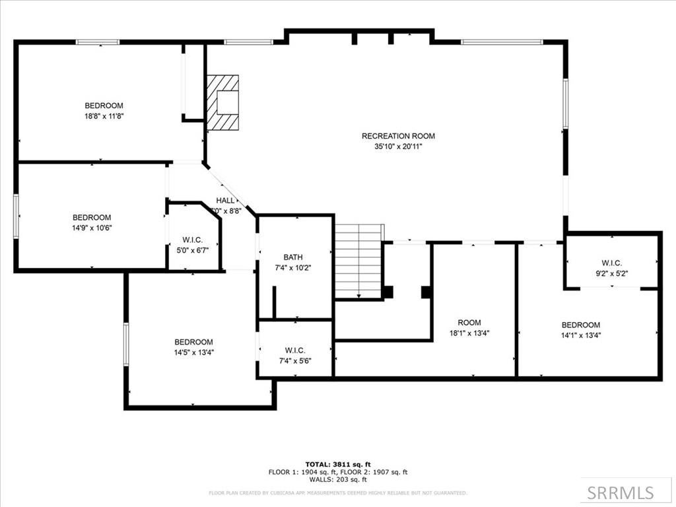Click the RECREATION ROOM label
point(398,136)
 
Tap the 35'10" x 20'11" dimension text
point(398,147)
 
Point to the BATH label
point(292,257)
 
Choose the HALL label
point(225,200)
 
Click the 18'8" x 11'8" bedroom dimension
point(104,116)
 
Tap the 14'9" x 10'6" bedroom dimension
point(92,228)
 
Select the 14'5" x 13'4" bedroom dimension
point(193,353)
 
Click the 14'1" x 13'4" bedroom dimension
point(580,335)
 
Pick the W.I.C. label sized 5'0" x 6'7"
point(192,240)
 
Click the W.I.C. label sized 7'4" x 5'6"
point(294,350)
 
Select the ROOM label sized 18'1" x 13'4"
point(469,323)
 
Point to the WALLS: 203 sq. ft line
point(337,480)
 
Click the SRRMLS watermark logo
point(621,492)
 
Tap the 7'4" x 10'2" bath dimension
point(292,267)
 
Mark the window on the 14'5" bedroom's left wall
point(126,343)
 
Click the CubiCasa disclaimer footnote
point(337,492)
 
